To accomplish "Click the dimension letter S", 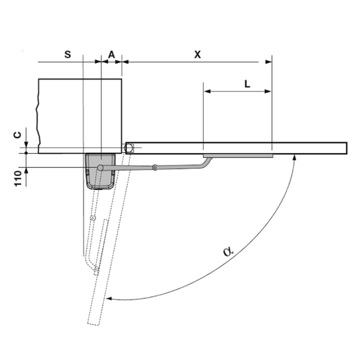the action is tap(67, 54).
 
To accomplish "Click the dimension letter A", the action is tap(111, 54).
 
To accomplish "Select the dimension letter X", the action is tap(197, 54).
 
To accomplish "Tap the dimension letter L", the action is tap(247, 84).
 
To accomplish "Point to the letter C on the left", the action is tap(17, 135).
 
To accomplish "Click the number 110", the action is tap(18, 178).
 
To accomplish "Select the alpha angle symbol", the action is tap(228, 251).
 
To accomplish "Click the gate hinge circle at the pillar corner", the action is tap(128, 148).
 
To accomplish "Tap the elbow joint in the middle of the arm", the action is tap(155, 167).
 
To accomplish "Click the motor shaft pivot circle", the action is tap(100, 167).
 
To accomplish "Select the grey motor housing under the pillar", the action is tap(100, 171).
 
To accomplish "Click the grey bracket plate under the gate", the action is tap(238, 156).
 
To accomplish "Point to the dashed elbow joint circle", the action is tap(93, 218).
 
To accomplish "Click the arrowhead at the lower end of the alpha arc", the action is tap(109, 298).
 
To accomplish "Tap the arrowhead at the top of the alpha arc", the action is tap(294, 157).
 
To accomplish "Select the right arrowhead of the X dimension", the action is tap(268, 62).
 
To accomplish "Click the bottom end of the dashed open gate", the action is tap(93, 324).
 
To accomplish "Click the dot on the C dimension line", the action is tap(26, 153).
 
